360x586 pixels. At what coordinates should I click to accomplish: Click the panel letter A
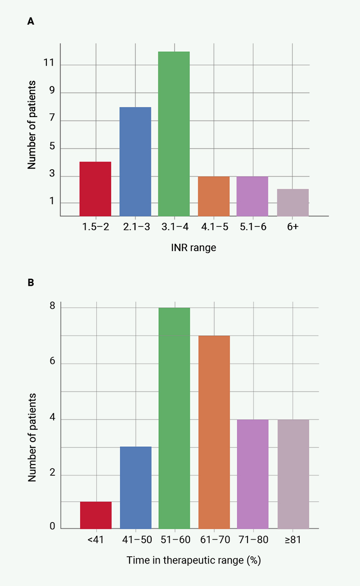click(x=31, y=22)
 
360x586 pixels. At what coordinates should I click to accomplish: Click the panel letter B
click(x=31, y=283)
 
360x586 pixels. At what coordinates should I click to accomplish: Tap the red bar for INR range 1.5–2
click(x=95, y=189)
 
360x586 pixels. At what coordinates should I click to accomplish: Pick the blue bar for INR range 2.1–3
click(x=135, y=162)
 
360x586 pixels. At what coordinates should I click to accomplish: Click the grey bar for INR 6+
click(x=293, y=203)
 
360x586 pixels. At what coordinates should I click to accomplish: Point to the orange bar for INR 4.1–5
click(x=214, y=196)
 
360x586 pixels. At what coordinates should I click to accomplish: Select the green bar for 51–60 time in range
click(x=174, y=418)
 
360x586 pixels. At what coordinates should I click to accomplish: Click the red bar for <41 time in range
click(x=96, y=515)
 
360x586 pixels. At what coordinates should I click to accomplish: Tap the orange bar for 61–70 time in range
click(x=214, y=432)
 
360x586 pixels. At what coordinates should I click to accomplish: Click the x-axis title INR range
click(x=194, y=248)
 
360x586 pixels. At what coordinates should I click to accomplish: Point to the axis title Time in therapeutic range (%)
click(x=194, y=560)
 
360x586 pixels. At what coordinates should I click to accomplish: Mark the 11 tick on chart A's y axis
click(x=49, y=64)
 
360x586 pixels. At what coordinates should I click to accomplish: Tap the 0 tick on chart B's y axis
click(x=52, y=526)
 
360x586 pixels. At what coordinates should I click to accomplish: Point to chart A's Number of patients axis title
click(x=31, y=125)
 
